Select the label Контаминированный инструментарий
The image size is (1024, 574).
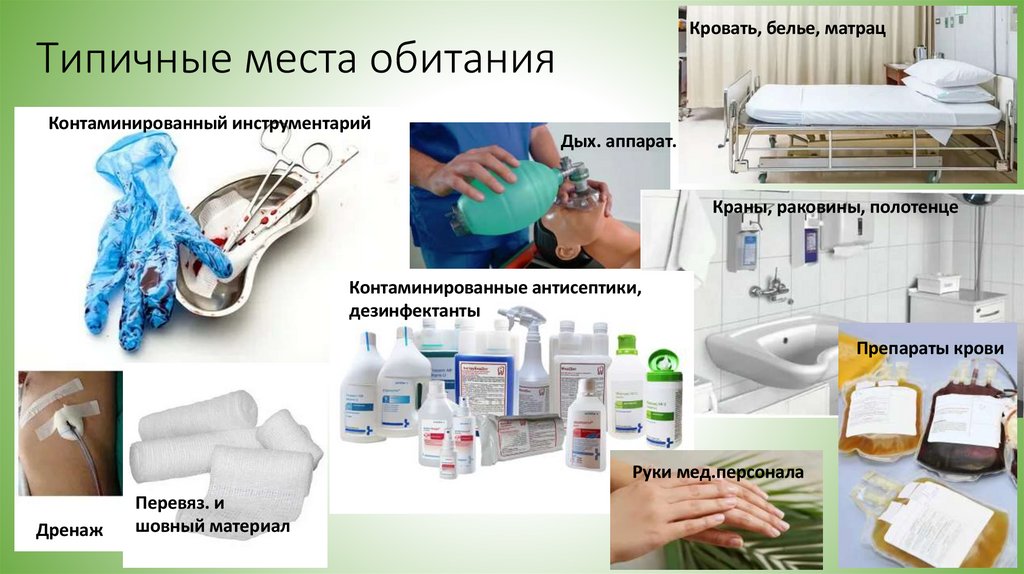[210, 125]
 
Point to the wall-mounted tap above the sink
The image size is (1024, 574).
[769, 289]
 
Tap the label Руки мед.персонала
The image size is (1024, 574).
[718, 470]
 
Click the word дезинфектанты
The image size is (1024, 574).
[414, 311]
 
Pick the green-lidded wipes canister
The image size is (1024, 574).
[663, 400]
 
